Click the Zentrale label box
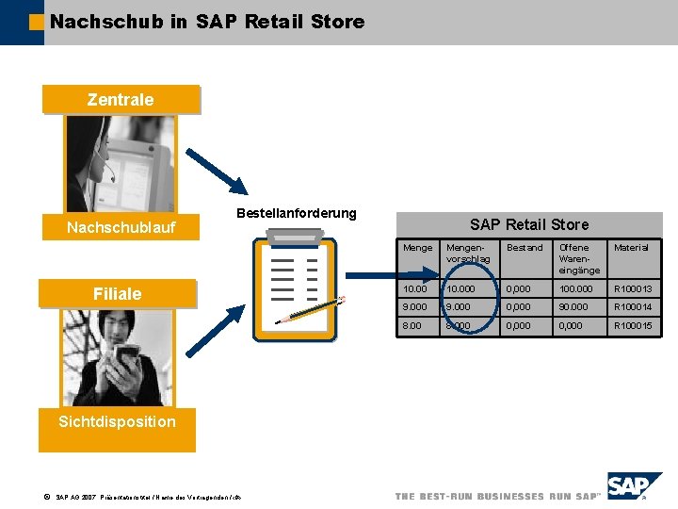121,99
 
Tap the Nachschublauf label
121,227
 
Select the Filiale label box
117,294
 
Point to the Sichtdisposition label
117,421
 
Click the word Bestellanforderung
296,213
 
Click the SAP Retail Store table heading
528,224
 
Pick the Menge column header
418,248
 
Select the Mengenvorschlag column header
468,253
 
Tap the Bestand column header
525,248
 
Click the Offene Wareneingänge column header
578,258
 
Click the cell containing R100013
633,288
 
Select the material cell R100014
633,307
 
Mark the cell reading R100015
633,326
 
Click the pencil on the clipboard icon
311,310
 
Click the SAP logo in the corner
634,485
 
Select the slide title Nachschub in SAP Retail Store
207,21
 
